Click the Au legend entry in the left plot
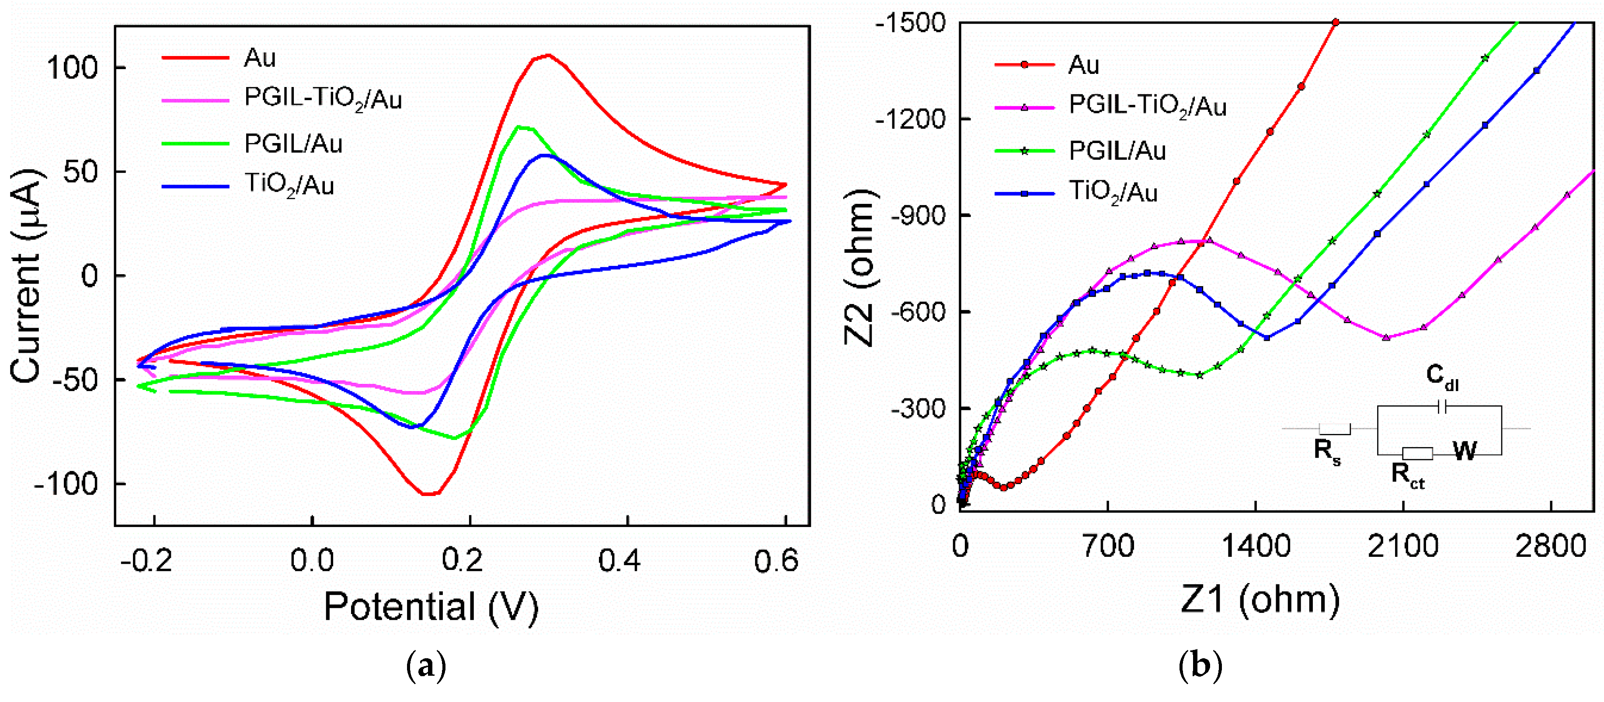(259, 58)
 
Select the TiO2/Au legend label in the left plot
(289, 185)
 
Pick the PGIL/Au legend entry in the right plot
(1117, 151)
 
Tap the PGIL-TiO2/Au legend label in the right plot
(1148, 107)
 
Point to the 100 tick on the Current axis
(73, 67)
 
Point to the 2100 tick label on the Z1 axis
(1403, 546)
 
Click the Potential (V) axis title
(431, 606)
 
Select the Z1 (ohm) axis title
(1260, 599)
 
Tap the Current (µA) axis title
(27, 275)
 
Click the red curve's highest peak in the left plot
(548, 56)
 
